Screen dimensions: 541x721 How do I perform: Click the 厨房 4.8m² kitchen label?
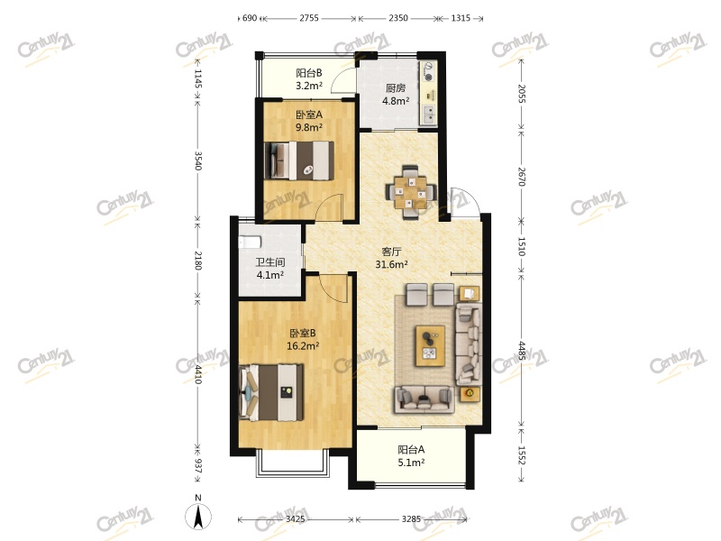coord(396,95)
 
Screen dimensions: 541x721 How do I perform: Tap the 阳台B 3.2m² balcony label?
coord(309,80)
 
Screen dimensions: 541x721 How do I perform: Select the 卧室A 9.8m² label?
coord(309,121)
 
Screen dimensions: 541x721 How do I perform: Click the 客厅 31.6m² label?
coord(391,258)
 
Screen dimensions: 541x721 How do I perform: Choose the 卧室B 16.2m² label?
coord(302,338)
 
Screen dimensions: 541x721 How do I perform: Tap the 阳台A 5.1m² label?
coord(411,456)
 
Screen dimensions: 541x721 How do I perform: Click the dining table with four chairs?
coord(411,190)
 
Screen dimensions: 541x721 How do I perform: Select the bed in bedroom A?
coord(298,161)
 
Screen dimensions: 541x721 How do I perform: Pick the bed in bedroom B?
coord(271,391)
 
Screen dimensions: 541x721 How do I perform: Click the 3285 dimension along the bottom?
coord(411,519)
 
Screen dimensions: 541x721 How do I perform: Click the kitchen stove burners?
coord(430,71)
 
